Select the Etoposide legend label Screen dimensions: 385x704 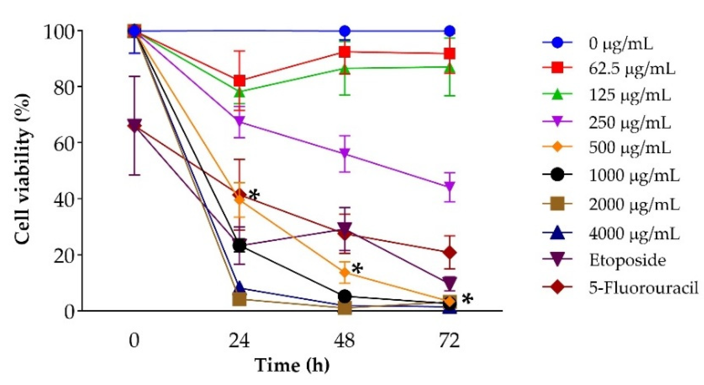click(x=627, y=260)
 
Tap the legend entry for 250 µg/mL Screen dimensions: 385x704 click(x=630, y=123)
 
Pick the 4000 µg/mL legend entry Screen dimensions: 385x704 click(x=634, y=234)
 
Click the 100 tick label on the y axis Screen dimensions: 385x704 click(x=59, y=31)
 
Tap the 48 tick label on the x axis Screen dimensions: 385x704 click(x=345, y=340)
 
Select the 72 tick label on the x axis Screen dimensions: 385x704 click(x=450, y=340)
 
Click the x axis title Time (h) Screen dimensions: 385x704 click(x=292, y=365)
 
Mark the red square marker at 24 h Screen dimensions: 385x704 click(x=239, y=80)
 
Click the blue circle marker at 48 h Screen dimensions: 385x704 click(x=345, y=31)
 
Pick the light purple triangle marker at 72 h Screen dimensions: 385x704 click(x=450, y=186)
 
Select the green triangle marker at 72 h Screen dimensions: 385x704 click(x=450, y=68)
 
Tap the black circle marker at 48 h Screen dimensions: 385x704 click(x=345, y=296)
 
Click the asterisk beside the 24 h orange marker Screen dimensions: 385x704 click(x=254, y=195)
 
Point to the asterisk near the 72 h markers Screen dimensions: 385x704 click(x=467, y=299)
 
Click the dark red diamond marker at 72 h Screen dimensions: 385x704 click(x=450, y=253)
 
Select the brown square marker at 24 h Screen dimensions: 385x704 click(x=239, y=300)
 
